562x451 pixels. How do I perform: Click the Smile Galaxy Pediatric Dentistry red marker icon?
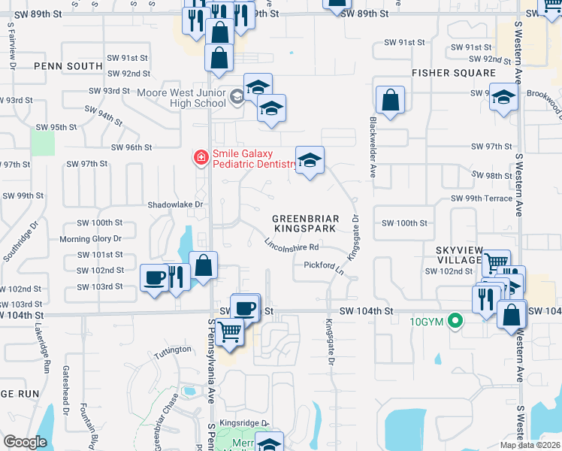tap(201, 157)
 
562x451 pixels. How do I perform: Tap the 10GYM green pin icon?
tap(454, 322)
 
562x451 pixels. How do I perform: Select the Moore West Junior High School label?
tap(181, 98)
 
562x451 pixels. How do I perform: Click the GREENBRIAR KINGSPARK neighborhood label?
tap(306, 222)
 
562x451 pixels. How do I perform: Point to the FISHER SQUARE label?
tap(453, 73)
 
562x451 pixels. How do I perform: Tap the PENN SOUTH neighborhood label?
tap(68, 66)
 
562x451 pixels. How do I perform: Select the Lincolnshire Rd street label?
tap(292, 244)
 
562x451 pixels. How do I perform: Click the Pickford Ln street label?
tap(324, 265)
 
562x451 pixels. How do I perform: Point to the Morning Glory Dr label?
tap(90, 238)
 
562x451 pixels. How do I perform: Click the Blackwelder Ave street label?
tap(372, 147)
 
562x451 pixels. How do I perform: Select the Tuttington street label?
tap(173, 350)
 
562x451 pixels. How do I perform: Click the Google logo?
tap(25, 442)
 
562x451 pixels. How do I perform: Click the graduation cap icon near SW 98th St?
tap(310, 159)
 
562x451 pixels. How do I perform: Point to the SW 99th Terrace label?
tap(481, 198)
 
